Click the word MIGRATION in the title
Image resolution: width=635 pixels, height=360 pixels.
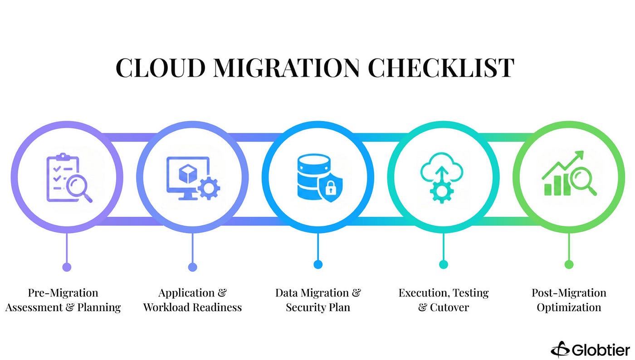coord(286,68)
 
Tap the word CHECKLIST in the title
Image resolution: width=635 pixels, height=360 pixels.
coord(441,68)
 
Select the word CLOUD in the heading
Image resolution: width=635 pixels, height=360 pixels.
coord(161,68)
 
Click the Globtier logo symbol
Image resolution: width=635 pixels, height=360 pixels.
coord(561,350)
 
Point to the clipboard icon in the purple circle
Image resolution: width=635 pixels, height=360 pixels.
coord(63,178)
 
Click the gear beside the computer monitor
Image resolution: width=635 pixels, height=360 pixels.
coord(209,188)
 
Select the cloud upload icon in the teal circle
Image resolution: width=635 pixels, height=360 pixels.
coord(442,168)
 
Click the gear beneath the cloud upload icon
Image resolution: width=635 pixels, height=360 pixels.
coord(442,192)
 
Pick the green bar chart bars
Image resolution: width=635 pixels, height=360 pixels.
coord(557,185)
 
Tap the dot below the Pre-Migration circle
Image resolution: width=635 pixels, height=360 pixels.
coord(67,267)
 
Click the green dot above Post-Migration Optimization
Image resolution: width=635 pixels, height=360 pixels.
coord(569,264)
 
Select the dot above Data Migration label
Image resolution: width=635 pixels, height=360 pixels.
coord(318,264)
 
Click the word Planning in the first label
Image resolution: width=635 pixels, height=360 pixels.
coord(99,307)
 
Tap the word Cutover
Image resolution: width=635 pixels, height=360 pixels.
coord(449,307)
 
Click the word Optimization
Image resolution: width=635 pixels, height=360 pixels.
coord(569,307)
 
